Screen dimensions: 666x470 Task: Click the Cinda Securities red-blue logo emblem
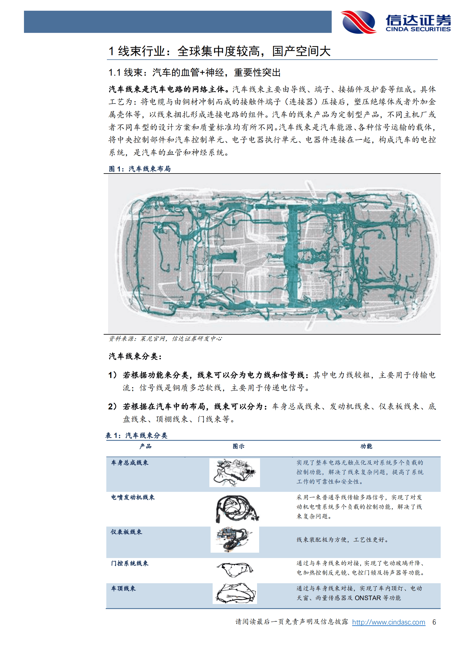click(x=358, y=22)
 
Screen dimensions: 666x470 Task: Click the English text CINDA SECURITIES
click(x=418, y=29)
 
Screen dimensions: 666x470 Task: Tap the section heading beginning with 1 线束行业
click(x=219, y=51)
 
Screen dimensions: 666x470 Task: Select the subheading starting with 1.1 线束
click(x=194, y=72)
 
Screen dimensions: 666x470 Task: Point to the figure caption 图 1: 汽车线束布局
click(x=139, y=169)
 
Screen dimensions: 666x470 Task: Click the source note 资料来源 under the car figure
click(x=165, y=338)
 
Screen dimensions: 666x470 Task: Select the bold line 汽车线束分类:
click(x=135, y=356)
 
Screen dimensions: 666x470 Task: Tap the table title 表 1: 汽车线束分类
click(x=137, y=435)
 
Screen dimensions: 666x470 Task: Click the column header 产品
click(x=145, y=446)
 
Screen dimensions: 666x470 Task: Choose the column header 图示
click(x=238, y=446)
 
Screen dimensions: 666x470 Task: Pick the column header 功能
click(x=366, y=446)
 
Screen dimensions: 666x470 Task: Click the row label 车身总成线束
click(x=130, y=463)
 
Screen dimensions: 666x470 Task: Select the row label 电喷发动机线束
click(x=133, y=497)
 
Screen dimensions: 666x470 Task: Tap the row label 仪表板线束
click(x=126, y=532)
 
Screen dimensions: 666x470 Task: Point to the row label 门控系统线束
click(x=130, y=563)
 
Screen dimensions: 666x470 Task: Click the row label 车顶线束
click(x=123, y=588)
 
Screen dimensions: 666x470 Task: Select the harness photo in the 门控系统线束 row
click(x=235, y=569)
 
